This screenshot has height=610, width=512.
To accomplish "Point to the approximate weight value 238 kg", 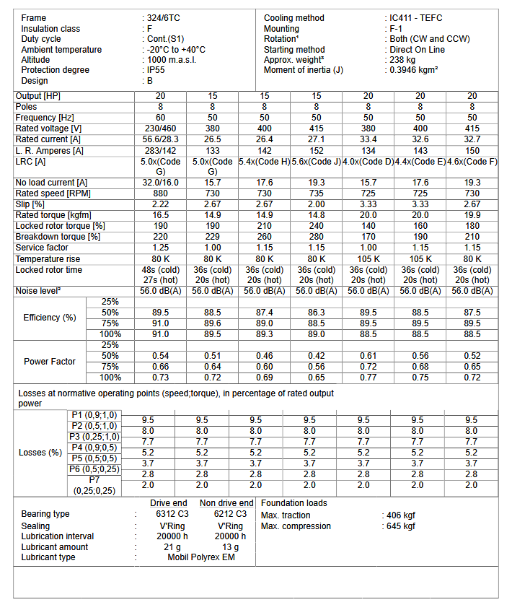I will (402, 60).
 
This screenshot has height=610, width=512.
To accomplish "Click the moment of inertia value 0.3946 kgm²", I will (414, 70).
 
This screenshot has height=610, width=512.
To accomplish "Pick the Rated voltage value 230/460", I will (161, 128).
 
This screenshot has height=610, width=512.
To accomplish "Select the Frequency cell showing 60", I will (161, 118).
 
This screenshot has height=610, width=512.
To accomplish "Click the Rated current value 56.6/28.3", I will (161, 139).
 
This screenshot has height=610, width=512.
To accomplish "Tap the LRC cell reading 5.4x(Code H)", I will (265, 162).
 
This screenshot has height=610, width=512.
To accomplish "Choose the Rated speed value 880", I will (161, 193).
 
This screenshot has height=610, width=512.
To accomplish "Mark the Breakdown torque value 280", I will (317, 237).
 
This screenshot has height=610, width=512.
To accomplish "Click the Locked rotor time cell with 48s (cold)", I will (161, 270).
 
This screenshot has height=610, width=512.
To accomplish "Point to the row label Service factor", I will (43, 248).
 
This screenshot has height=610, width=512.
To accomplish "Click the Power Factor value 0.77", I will (368, 378).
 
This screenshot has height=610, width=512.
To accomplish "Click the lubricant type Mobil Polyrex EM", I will (202, 557).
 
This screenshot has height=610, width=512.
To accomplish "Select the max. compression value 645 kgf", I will (401, 526).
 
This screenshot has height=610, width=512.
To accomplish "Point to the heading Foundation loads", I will (293, 503).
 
